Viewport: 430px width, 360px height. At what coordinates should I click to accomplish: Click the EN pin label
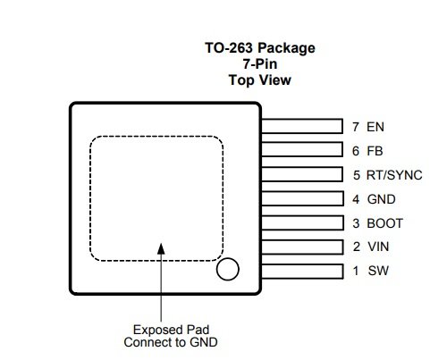click(x=375, y=127)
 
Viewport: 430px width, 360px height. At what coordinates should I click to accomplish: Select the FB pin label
click(x=375, y=151)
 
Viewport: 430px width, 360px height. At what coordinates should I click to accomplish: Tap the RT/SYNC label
click(x=394, y=175)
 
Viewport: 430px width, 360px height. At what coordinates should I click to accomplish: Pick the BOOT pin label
click(x=385, y=223)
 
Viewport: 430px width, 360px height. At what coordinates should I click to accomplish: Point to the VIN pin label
click(x=378, y=247)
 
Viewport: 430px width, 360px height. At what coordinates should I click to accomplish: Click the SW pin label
click(x=378, y=271)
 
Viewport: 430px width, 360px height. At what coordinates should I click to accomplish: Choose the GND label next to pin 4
click(x=382, y=199)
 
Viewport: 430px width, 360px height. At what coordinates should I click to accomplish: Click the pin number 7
click(x=356, y=127)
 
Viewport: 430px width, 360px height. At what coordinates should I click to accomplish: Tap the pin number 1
click(x=356, y=271)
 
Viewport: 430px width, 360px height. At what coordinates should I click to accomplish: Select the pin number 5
click(x=357, y=175)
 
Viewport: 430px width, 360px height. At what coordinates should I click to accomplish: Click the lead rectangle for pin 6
click(x=302, y=149)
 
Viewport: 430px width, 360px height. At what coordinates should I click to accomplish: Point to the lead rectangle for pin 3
click(x=302, y=222)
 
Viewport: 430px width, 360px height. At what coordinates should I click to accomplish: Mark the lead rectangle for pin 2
click(x=302, y=247)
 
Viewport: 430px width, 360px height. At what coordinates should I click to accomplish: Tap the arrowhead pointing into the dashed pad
click(x=161, y=249)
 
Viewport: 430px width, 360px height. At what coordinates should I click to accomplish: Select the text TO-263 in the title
click(x=229, y=47)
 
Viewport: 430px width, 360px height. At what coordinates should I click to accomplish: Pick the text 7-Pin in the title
click(x=260, y=63)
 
